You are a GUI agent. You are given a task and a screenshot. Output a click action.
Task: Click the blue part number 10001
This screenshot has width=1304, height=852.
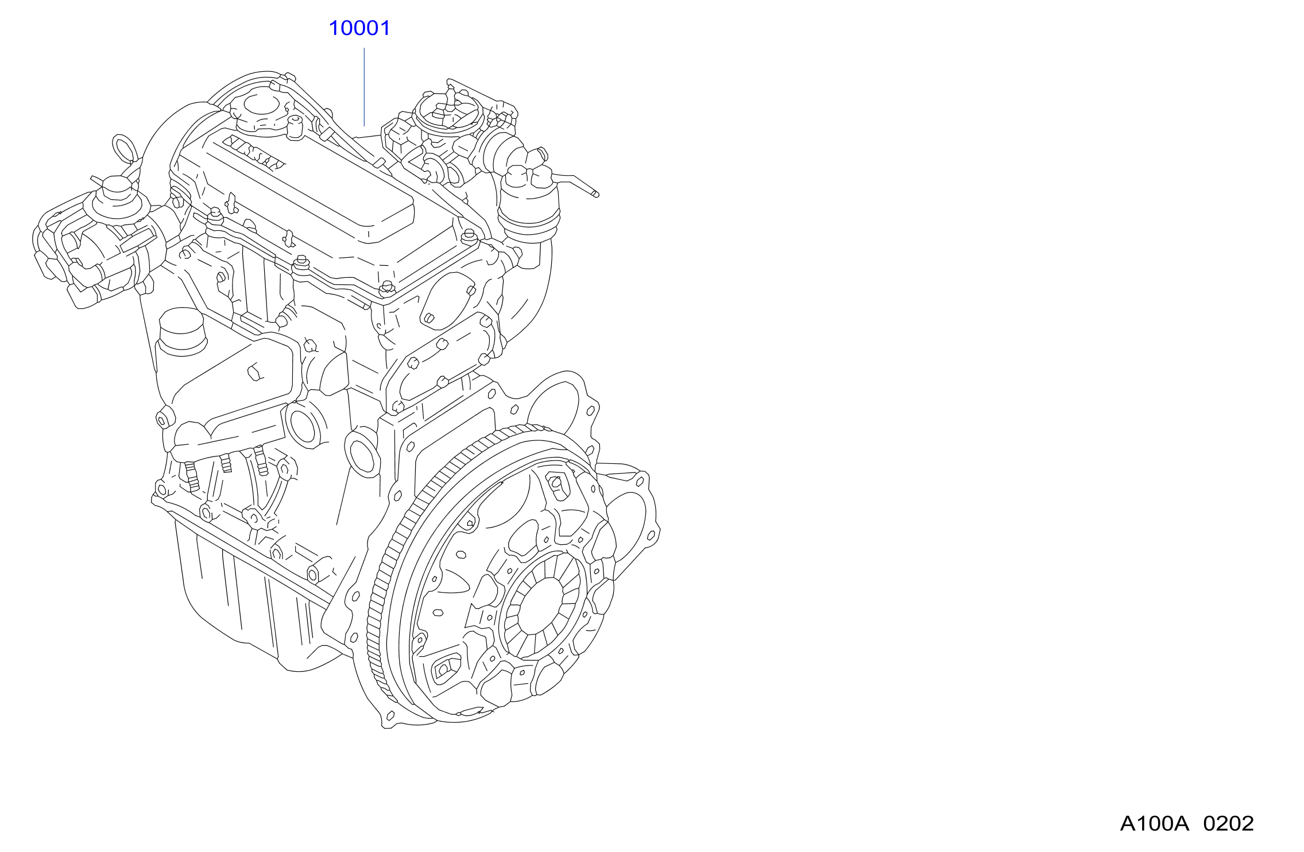359,28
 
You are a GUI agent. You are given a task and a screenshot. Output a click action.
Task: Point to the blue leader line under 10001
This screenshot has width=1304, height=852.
364,87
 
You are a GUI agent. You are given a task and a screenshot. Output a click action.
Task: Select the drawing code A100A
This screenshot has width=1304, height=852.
1154,824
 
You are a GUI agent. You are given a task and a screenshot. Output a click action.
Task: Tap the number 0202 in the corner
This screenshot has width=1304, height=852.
1229,824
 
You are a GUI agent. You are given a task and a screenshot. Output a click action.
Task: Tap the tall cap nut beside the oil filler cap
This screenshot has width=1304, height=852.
295,127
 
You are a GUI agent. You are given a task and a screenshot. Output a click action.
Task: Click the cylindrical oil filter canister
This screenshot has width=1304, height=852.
182,332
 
